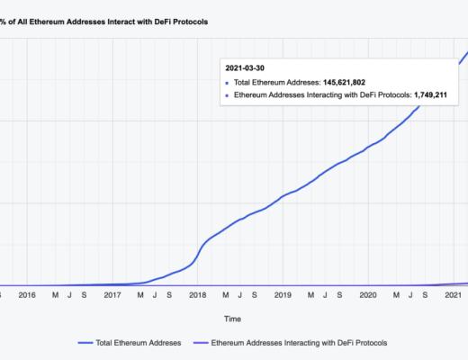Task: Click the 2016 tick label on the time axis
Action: pos(27,294)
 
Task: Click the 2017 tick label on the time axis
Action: pos(112,294)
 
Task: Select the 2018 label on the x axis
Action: pos(197,294)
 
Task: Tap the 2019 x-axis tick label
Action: pos(283,294)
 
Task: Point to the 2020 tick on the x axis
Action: pos(368,294)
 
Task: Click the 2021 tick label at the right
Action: pos(454,294)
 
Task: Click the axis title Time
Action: pos(233,318)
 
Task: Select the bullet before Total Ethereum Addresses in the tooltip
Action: pos(227,82)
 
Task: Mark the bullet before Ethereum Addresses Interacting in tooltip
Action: pos(227,94)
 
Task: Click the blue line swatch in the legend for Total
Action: pos(88,343)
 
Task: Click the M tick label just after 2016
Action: pos(55,294)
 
